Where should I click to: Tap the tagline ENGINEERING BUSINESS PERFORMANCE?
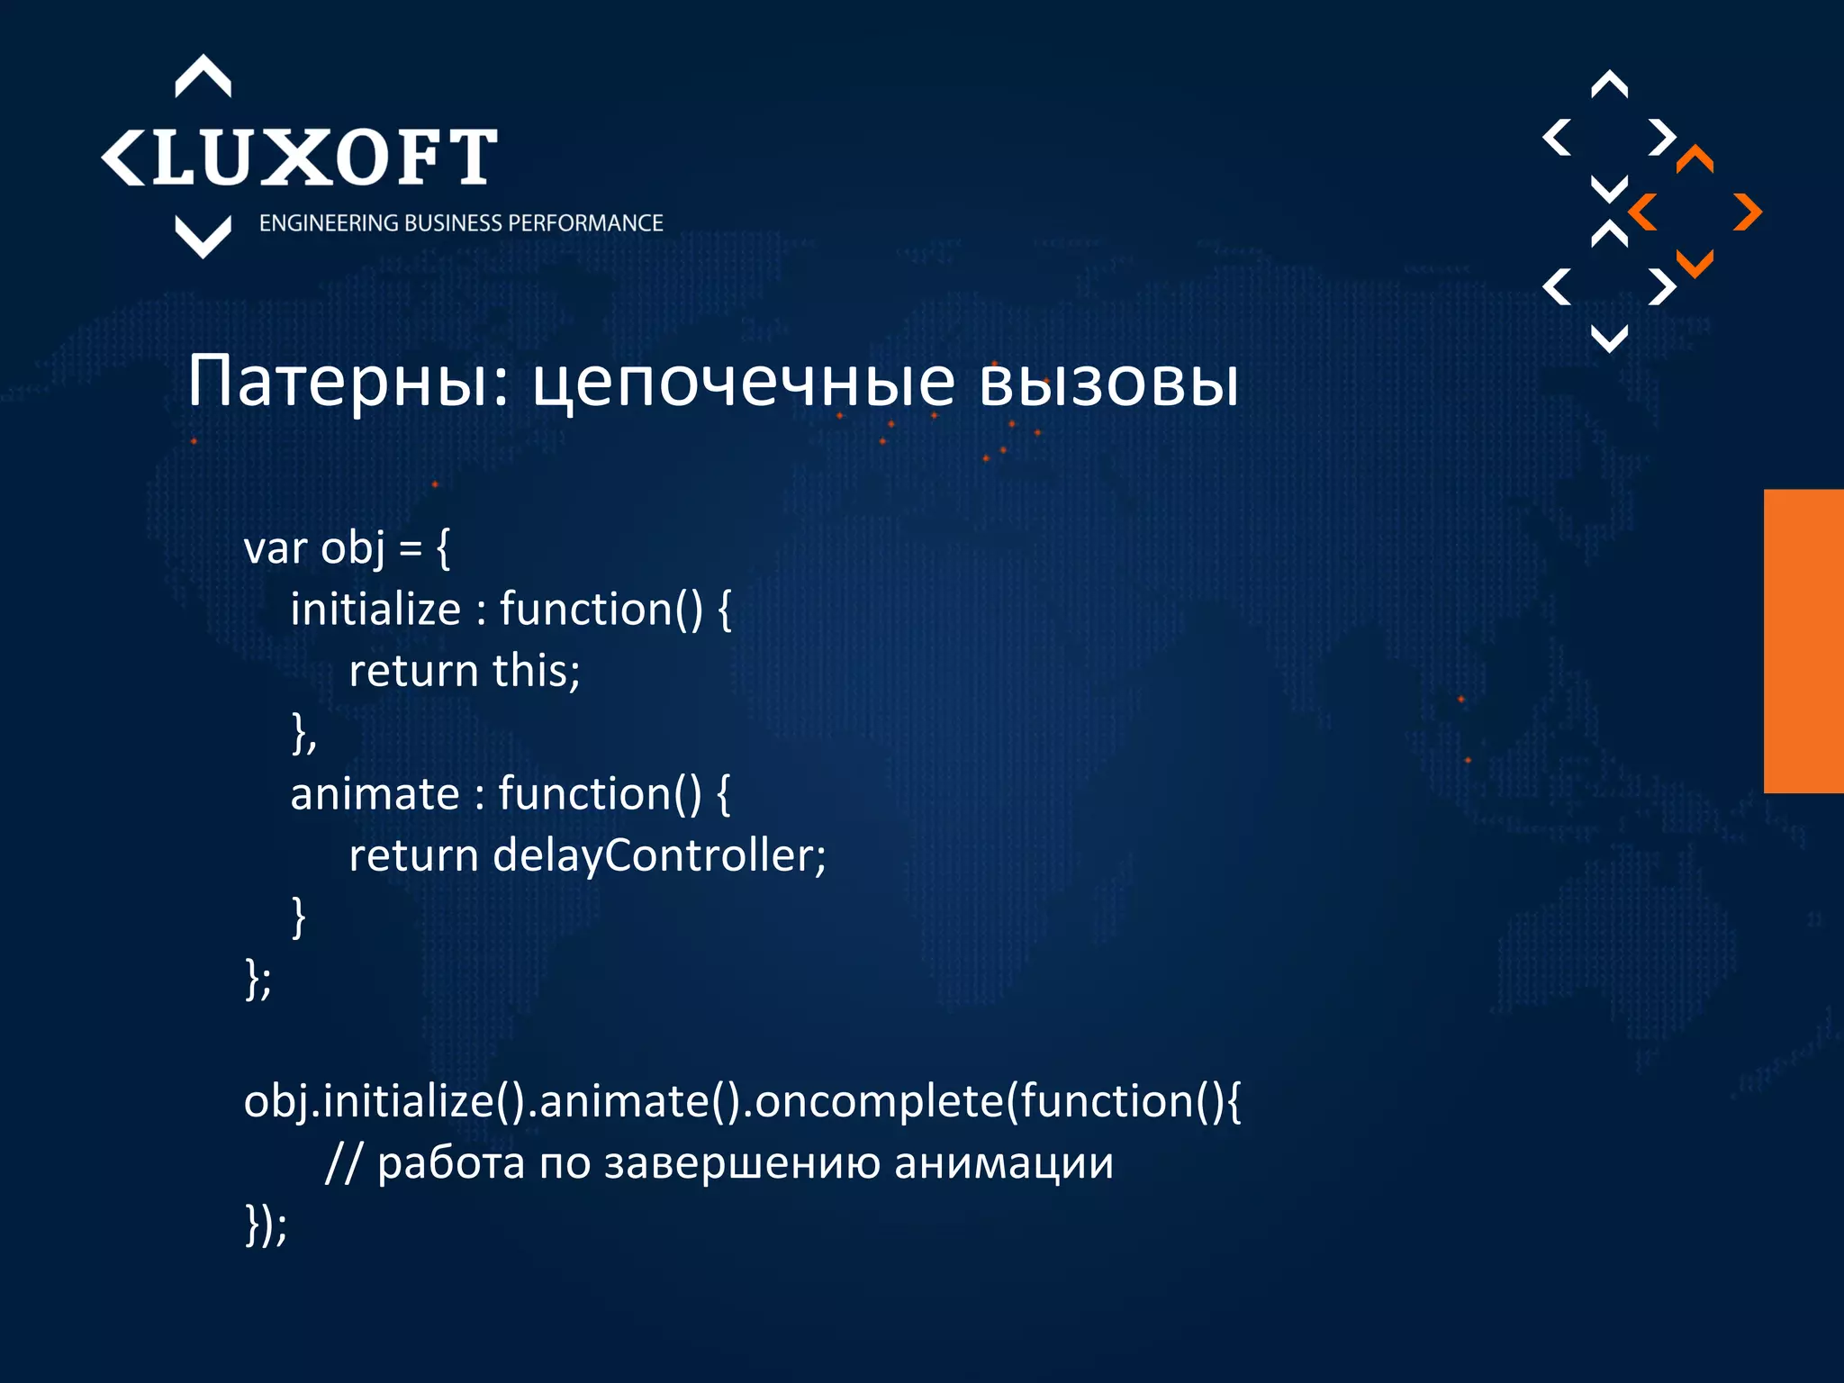[x=461, y=223]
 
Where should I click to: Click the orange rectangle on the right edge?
[x=1803, y=641]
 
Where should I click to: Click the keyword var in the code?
[x=275, y=548]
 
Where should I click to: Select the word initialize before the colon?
[x=375, y=610]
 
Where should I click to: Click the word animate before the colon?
[x=375, y=794]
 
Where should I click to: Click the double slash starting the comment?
[x=342, y=1163]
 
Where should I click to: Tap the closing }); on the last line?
[x=266, y=1225]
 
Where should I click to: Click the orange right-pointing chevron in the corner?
[x=1747, y=212]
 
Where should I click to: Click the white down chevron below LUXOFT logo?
[x=203, y=237]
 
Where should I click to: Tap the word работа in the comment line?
[x=450, y=1163]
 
